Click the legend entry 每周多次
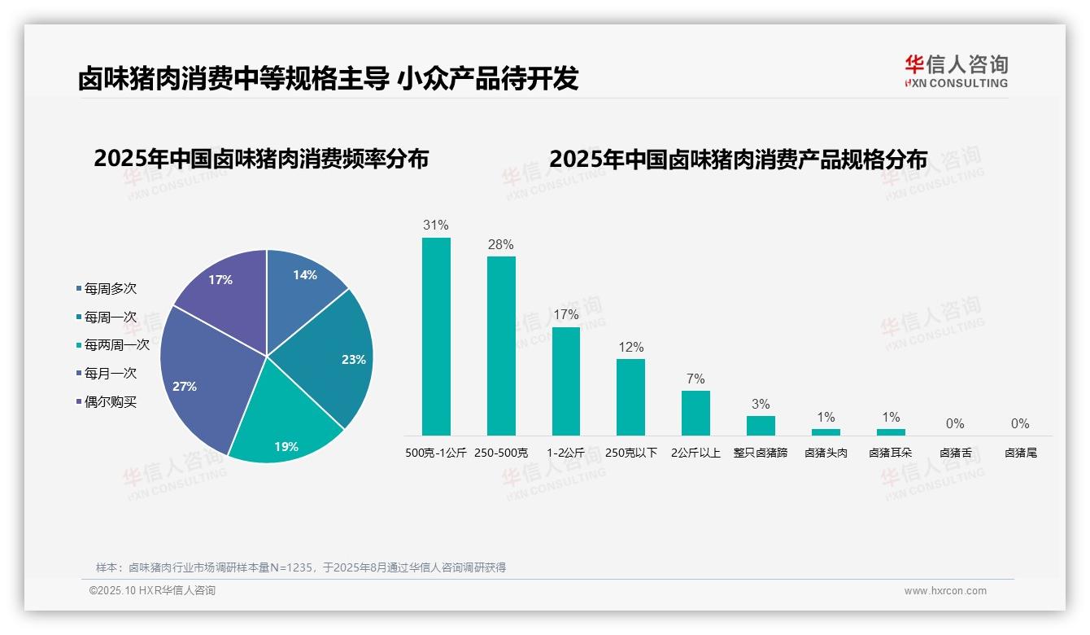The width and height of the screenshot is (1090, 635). coord(110,288)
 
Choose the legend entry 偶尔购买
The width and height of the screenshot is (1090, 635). coord(110,401)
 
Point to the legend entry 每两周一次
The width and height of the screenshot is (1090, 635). coord(116,344)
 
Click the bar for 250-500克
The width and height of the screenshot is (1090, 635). coord(501,346)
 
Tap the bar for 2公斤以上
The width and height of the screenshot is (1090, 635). coord(695,413)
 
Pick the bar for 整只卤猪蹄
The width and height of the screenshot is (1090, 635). coord(761,426)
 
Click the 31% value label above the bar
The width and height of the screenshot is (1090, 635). coord(436,225)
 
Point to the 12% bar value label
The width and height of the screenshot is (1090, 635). coord(630,347)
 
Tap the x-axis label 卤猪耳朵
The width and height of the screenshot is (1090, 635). coord(891,453)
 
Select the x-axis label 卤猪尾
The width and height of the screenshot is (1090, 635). coord(1020,453)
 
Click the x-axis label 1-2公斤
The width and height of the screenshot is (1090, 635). coord(566,453)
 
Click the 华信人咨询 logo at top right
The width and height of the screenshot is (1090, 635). coord(956,71)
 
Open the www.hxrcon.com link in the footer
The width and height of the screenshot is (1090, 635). coord(945,591)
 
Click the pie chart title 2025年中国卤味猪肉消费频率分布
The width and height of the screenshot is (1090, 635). coord(261,158)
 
